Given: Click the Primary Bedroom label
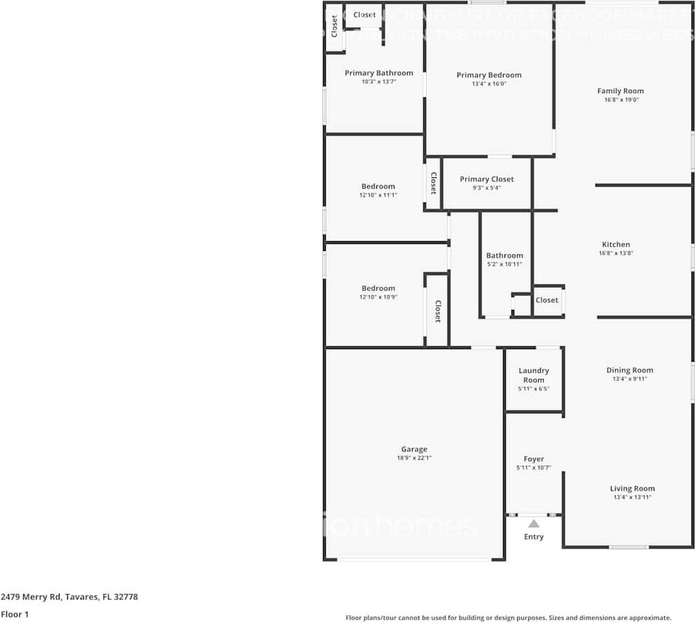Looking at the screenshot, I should click(x=489, y=75).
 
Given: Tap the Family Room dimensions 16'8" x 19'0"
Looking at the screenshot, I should click(x=620, y=100).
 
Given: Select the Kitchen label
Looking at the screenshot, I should click(x=616, y=245).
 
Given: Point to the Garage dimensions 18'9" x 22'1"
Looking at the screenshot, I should click(x=414, y=458).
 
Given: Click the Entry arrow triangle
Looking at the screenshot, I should click(x=534, y=523).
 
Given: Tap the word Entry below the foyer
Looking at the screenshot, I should click(x=534, y=537).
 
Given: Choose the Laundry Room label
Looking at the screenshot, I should click(x=534, y=375).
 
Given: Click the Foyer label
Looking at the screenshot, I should click(x=534, y=459).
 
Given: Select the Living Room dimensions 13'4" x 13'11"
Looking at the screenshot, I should click(x=632, y=497).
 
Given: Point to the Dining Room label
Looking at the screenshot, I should click(x=629, y=370).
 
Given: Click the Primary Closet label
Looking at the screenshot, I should click(x=487, y=179).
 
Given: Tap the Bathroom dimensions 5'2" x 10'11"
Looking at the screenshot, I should click(x=504, y=264).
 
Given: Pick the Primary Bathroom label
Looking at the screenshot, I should click(x=378, y=73).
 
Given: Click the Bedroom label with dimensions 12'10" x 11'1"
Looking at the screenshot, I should click(x=378, y=186).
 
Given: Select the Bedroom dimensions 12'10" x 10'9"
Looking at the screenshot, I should click(x=378, y=297).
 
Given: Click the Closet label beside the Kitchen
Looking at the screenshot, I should click(x=547, y=300).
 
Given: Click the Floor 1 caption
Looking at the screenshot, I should click(x=14, y=614).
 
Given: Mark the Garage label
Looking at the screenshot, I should click(x=414, y=449).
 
